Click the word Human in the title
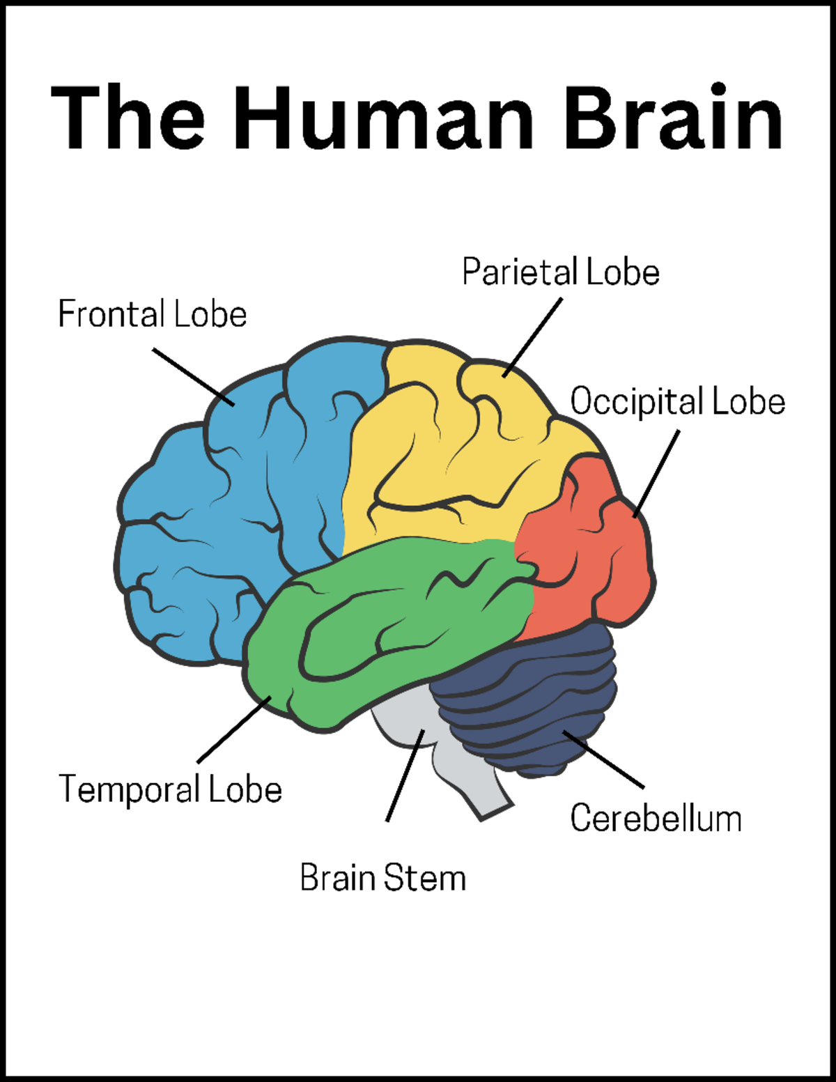[x=384, y=117]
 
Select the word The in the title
[x=128, y=117]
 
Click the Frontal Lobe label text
[x=152, y=314]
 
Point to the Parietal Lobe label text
[x=561, y=272]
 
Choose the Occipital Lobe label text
[x=677, y=401]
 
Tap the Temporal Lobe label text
[x=170, y=789]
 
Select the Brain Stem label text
[x=382, y=878]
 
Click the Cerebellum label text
[x=656, y=818]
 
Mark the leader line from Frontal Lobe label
[x=194, y=377]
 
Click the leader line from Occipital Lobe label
[x=656, y=474]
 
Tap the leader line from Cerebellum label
[x=603, y=759]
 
